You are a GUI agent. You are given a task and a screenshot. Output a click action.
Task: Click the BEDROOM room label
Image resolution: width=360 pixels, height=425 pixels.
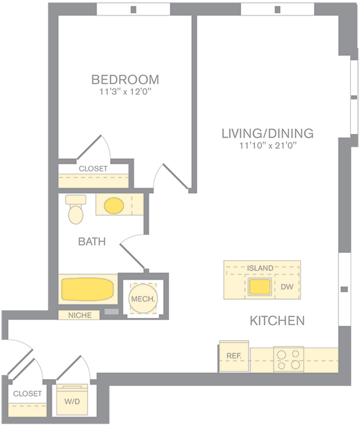coord(125,80)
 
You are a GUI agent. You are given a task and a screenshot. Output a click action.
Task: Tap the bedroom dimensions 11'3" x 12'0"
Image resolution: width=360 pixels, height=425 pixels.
coord(125,92)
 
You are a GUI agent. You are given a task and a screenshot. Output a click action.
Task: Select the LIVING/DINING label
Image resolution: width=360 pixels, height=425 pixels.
coord(267,133)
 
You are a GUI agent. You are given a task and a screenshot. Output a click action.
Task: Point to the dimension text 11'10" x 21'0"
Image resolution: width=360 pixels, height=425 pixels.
coord(267,146)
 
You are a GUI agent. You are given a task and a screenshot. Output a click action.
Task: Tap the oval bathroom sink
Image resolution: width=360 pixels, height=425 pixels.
coord(114,205)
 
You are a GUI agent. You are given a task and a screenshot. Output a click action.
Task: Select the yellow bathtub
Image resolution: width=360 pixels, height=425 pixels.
coord(88,290)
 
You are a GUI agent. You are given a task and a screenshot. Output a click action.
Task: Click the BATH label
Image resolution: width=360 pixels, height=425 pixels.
coord(92,242)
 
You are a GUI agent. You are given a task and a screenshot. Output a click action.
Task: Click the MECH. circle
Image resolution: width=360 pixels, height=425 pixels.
coord(143,299)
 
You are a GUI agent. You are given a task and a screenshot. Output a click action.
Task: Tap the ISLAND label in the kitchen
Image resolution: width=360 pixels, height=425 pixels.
coord(260,268)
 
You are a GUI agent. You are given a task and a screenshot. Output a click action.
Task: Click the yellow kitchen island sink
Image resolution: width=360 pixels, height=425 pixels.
coord(260,287)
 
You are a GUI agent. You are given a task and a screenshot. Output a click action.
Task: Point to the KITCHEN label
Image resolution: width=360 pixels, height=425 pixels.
coord(277,320)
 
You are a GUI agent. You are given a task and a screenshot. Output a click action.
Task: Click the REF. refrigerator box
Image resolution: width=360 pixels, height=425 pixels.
coord(234,356)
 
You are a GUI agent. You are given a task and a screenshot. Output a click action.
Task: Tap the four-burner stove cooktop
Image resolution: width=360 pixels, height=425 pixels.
coord(288,359)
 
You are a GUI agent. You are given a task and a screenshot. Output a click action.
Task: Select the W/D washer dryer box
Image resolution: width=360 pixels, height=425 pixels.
coord(72,401)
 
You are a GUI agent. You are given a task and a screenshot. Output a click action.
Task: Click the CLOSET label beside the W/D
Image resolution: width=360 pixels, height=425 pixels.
coord(27,393)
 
